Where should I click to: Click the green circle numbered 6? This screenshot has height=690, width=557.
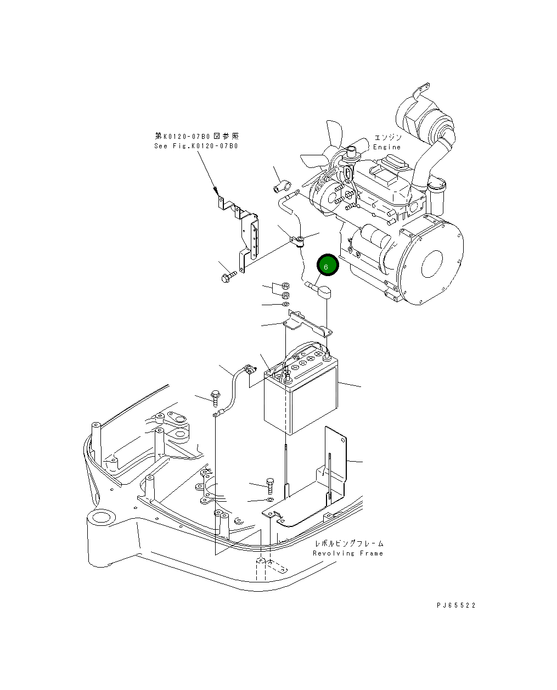coord(328,266)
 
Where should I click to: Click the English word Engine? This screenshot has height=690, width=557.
coord(387,147)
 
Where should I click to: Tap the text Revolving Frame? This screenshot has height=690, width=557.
coord(348,553)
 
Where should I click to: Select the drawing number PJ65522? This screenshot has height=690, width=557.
coord(456,605)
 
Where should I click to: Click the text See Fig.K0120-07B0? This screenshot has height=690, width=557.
coord(196,146)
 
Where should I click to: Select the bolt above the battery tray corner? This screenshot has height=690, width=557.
coord(269,485)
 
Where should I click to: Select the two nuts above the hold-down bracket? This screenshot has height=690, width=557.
coord(285,290)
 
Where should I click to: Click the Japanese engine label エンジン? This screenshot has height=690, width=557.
coord(388,137)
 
